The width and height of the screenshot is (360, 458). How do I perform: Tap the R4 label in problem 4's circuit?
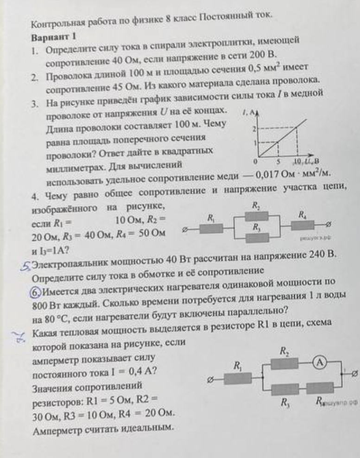coord(302,215)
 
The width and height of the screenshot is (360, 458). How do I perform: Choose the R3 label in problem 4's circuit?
coord(255,228)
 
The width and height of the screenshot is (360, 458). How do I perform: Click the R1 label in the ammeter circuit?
coord(238,366)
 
